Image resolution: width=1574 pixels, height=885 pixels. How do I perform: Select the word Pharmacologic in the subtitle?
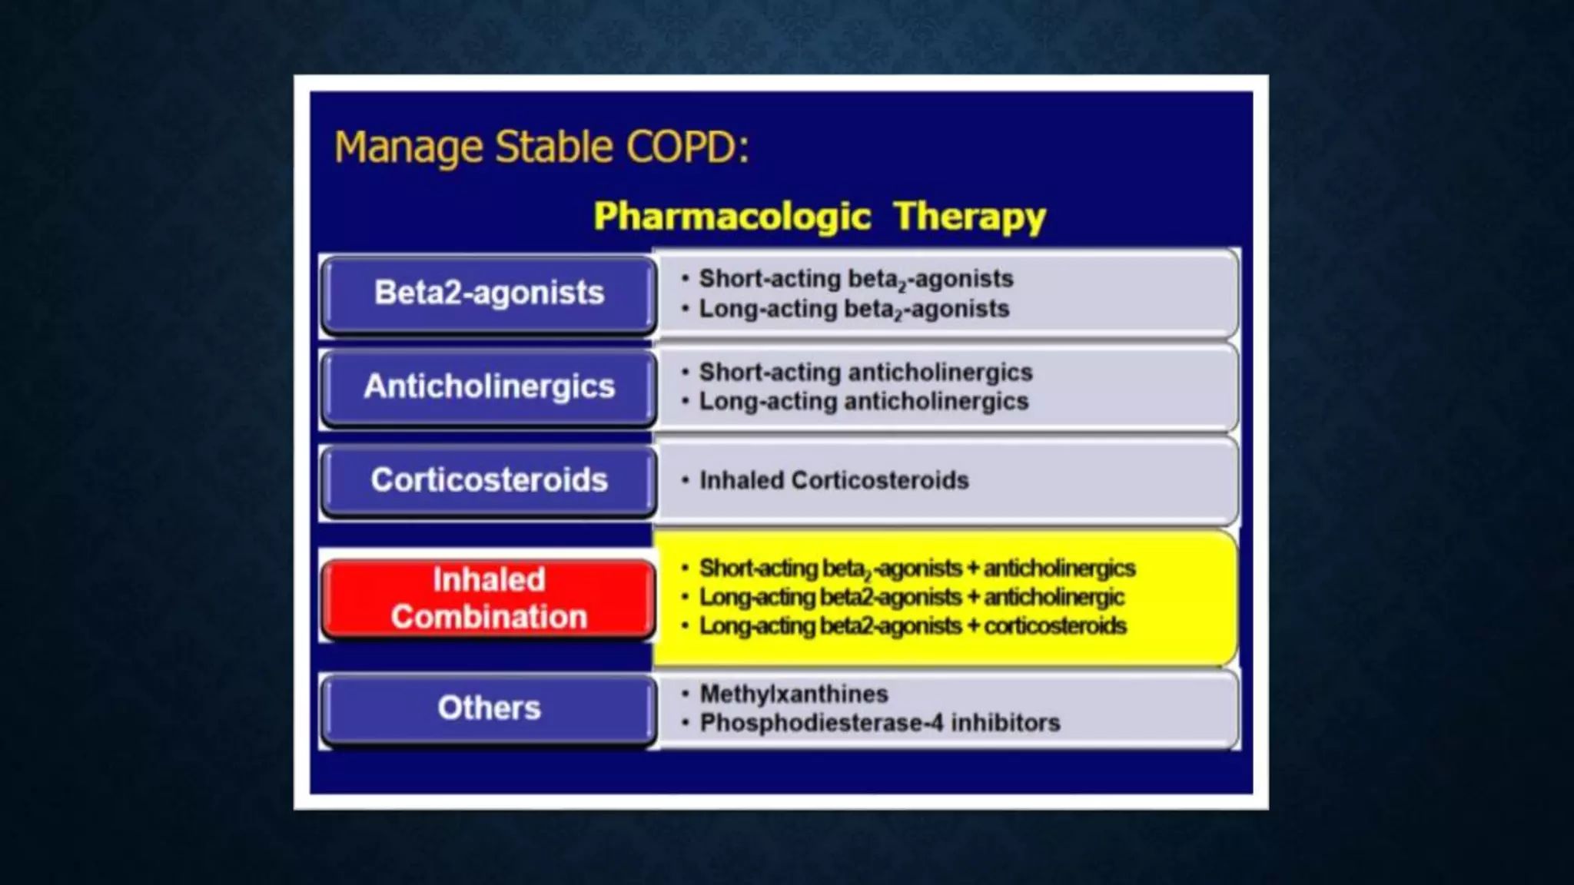732,216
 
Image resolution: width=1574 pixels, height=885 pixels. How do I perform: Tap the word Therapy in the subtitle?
969,216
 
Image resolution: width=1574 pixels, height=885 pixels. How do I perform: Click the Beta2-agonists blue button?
489,293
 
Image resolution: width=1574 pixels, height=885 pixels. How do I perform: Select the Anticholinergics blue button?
489,386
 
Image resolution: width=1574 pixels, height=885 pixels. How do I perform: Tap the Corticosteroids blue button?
489,480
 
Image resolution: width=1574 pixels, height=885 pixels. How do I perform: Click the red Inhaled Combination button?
489,598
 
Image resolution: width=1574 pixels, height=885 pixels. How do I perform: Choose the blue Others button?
489,708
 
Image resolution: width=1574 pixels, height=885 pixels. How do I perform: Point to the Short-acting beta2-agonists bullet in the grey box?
855,279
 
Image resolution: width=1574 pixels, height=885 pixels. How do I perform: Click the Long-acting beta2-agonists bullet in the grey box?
853,309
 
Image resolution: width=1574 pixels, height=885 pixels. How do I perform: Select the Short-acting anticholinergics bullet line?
865,373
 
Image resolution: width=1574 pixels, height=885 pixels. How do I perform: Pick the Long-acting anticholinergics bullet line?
863,402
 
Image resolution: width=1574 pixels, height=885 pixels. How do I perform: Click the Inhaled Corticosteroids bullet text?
834,481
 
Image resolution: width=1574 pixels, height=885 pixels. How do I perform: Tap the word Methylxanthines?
794,694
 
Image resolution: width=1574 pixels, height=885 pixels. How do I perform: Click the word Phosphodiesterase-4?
821,723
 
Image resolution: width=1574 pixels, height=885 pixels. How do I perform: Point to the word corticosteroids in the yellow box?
1055,626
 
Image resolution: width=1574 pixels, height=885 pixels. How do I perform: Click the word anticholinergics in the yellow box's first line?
1059,568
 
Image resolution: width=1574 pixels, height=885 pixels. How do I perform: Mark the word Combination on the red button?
489,617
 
